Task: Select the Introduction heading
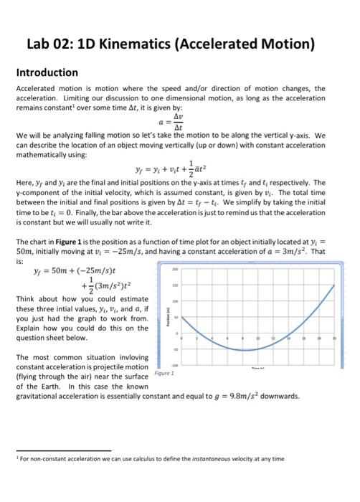tap(47, 72)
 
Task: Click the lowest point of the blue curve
tap(246, 349)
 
